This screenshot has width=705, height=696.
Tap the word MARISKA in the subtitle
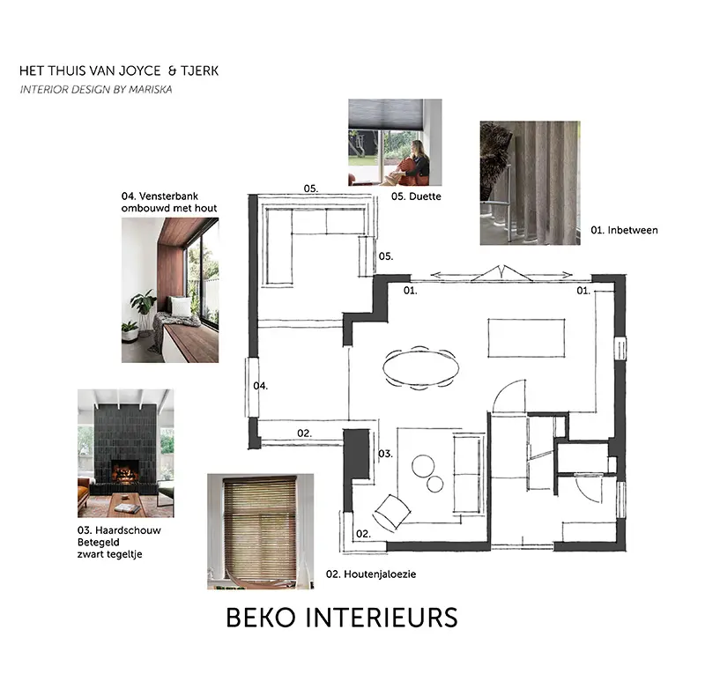pos(150,90)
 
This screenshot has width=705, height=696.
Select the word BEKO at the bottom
pos(261,618)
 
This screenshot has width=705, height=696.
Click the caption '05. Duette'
pos(416,196)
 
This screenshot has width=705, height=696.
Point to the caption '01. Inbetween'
pos(624,230)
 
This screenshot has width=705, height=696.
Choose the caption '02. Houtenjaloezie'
pos(371,574)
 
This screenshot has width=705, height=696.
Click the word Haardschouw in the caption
pos(128,530)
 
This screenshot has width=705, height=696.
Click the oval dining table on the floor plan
pos(421,367)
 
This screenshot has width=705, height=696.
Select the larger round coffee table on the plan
pos(423,466)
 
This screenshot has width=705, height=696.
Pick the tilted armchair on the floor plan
pos(392,513)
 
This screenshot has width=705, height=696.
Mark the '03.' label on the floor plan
pos(385,454)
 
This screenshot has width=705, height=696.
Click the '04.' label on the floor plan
pos(260,386)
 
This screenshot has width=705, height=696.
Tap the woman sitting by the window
pos(412,164)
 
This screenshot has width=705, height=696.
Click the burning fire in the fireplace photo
pos(124,474)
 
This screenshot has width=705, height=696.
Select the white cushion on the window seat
pos(182,307)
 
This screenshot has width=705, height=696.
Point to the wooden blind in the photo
pos(260,529)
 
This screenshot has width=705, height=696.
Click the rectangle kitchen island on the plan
pos(526,338)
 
